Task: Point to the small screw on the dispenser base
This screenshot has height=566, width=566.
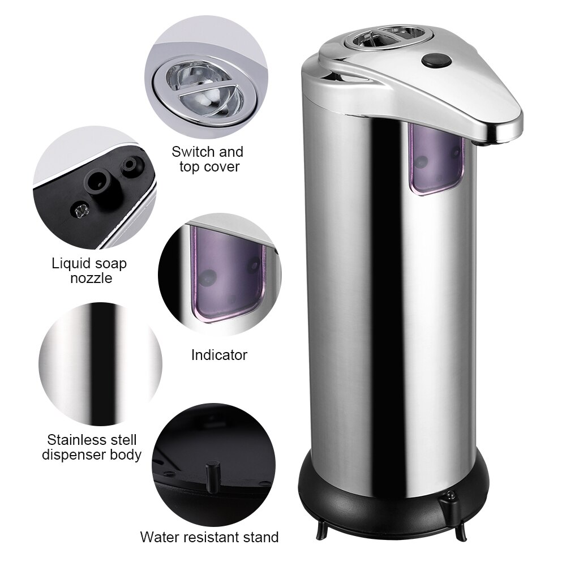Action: (451, 497)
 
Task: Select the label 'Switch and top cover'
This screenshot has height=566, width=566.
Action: (208, 159)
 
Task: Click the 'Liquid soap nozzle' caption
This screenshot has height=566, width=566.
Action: (89, 271)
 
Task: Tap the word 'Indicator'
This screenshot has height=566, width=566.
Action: (219, 355)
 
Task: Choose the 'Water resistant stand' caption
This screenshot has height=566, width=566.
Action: (209, 537)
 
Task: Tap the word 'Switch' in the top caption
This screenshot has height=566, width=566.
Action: (191, 152)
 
